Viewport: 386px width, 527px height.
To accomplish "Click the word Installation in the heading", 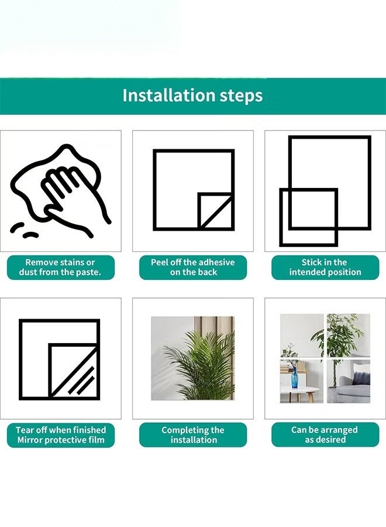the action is (169, 95).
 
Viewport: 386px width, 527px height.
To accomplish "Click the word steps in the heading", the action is (241, 96).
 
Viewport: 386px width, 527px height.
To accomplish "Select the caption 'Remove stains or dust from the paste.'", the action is (60, 267).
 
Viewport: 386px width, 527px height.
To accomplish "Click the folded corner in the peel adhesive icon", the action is (215, 211).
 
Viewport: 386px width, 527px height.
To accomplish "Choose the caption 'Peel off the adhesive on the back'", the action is (192, 267).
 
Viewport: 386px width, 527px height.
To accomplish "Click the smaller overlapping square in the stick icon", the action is (308, 217).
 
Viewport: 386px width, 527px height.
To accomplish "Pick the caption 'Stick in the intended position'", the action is (325, 267).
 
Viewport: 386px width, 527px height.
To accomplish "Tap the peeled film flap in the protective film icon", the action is (74, 371).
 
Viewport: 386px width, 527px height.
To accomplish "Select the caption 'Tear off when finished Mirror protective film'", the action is (61, 435).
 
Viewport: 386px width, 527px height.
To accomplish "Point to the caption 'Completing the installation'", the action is (192, 435).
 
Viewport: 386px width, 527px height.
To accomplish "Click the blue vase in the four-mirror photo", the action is (294, 378).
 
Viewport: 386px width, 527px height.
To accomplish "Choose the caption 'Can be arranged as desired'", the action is (325, 434).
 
